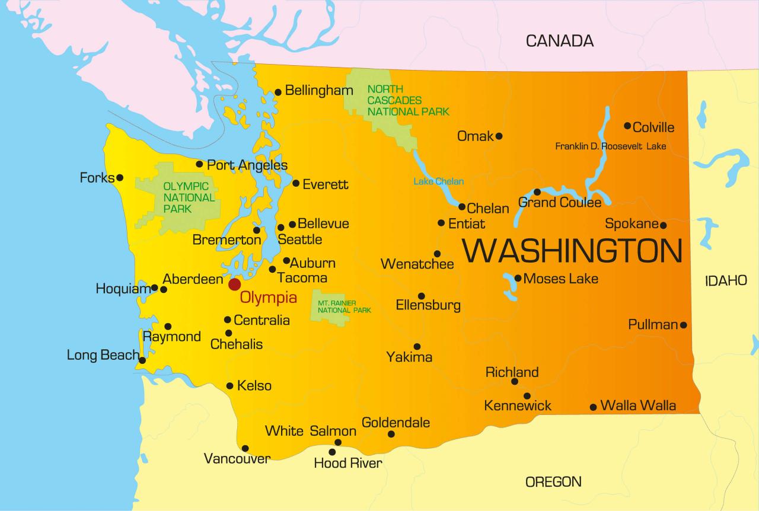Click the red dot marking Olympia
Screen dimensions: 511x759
click(235, 285)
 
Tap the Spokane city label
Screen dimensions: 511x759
click(632, 224)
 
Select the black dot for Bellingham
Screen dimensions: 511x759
click(278, 92)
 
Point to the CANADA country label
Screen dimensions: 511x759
click(559, 41)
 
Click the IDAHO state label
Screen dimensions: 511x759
click(726, 281)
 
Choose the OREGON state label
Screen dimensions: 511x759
click(553, 481)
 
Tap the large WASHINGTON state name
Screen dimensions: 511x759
click(572, 251)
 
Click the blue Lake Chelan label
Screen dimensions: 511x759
click(439, 181)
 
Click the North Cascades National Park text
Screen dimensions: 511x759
click(408, 100)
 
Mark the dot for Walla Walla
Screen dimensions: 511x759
click(593, 407)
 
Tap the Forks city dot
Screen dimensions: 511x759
click(120, 177)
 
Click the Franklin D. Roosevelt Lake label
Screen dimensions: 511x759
click(610, 146)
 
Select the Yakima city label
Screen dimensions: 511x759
click(409, 357)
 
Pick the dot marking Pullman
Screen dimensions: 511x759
click(683, 325)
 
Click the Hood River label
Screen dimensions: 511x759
click(348, 463)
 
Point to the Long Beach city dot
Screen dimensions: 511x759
click(142, 360)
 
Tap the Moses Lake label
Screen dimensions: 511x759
click(561, 278)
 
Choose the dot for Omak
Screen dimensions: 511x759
click(499, 136)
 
